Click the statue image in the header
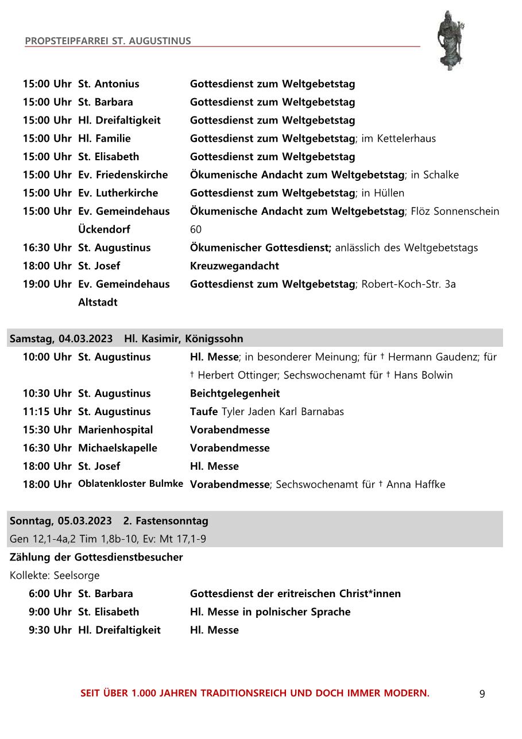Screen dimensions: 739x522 point(450,40)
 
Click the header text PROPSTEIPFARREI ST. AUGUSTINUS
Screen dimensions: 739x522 point(108,41)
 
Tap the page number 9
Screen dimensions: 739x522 point(482,694)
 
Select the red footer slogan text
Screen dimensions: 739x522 point(254,693)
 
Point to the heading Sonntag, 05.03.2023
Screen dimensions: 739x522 point(61,521)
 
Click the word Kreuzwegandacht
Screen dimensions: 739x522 point(234,266)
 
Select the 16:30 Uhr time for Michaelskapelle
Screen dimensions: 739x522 point(47,448)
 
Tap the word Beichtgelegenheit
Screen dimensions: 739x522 point(235,393)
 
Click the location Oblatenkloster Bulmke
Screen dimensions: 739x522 point(130,483)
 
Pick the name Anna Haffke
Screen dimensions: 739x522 point(416,485)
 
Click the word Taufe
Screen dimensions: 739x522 point(204,412)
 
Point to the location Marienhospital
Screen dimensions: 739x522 point(115,430)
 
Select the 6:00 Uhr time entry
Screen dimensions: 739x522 point(50,593)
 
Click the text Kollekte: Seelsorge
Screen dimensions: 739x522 point(55,575)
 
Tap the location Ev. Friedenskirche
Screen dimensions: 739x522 point(123,175)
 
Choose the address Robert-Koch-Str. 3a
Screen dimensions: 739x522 point(408,284)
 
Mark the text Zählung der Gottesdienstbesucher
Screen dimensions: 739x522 point(96,557)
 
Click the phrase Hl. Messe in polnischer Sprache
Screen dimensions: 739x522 point(270,612)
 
